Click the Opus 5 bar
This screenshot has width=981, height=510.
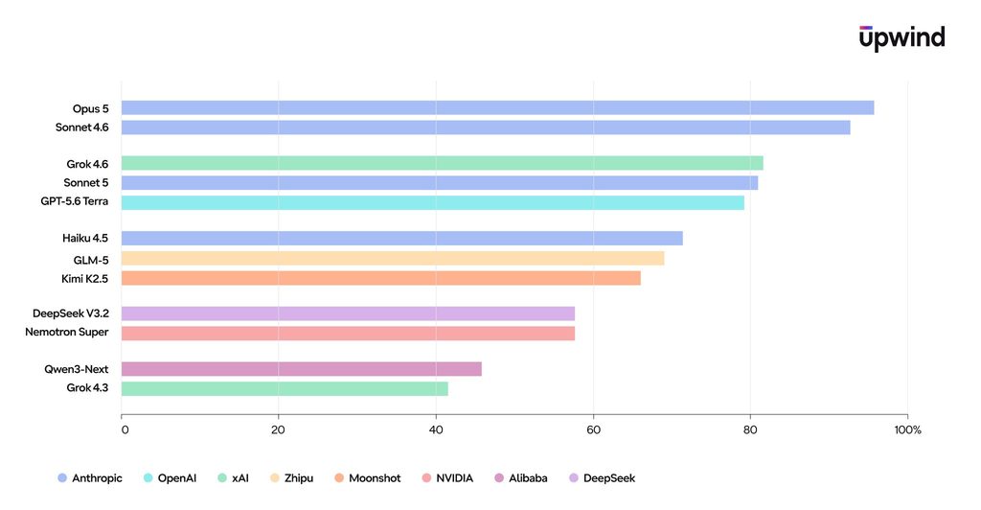point(497,107)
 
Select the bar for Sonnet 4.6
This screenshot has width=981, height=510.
point(486,127)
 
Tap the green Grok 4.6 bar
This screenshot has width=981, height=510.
point(443,163)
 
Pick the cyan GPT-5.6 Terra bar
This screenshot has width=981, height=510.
point(433,202)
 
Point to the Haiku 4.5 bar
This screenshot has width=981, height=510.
point(401,238)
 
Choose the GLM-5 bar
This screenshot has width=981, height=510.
point(393,259)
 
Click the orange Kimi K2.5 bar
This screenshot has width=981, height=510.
point(381,278)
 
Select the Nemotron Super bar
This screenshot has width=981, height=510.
point(348,333)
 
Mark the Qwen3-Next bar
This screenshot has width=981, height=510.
point(302,369)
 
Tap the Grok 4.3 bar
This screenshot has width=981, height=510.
point(285,388)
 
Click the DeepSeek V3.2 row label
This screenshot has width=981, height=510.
point(71,313)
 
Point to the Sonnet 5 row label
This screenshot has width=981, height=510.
point(85,183)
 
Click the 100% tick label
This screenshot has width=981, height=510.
point(908,429)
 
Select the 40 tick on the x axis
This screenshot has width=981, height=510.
point(436,429)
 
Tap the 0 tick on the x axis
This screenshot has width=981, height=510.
point(125,429)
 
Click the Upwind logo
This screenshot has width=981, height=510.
point(902,37)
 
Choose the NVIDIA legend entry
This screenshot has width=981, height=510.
point(447,478)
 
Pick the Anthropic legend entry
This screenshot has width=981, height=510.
point(90,478)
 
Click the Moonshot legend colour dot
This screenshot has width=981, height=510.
point(339,478)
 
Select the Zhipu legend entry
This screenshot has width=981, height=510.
point(291,478)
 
